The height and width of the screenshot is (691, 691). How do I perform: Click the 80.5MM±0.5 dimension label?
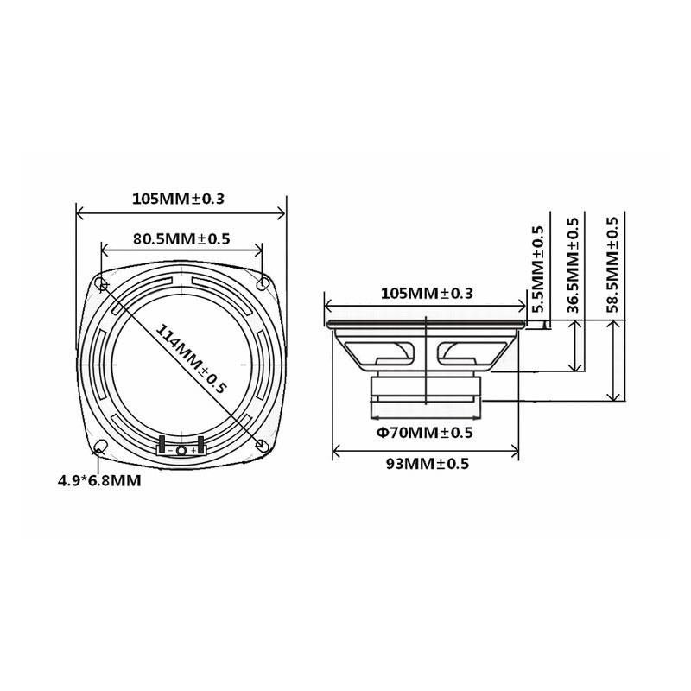pyautogui.click(x=181, y=238)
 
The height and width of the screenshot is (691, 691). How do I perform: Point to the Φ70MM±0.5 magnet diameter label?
pyautogui.click(x=424, y=432)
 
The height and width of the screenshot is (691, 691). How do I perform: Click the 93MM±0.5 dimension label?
pyautogui.click(x=427, y=464)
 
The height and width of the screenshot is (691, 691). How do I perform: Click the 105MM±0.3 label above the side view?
pyautogui.click(x=427, y=293)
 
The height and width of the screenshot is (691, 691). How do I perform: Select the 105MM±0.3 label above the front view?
pyautogui.click(x=178, y=198)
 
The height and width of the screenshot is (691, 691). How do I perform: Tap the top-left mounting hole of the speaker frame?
pyautogui.click(x=103, y=283)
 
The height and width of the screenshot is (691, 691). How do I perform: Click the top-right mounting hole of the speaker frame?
pyautogui.click(x=262, y=283)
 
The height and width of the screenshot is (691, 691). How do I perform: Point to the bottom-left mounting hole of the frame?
pyautogui.click(x=101, y=446)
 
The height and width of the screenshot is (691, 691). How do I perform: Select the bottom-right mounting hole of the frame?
pyautogui.click(x=261, y=445)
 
